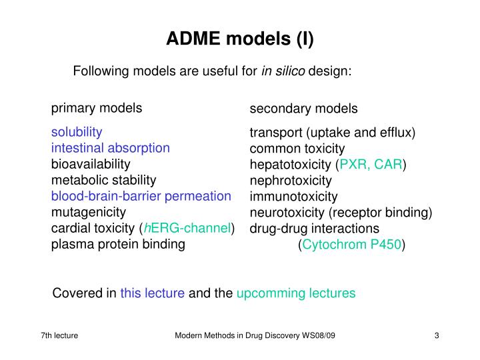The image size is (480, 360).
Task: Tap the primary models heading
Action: tap(97, 108)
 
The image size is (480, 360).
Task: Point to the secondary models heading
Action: tap(303, 109)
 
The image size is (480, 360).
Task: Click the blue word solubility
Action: tap(77, 131)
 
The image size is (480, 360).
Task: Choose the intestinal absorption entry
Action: tap(111, 147)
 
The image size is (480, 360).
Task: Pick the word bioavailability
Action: tap(91, 163)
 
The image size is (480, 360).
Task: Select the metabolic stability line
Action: tap(104, 180)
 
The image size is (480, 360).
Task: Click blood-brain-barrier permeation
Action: tap(141, 196)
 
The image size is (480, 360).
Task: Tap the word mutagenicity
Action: tap(89, 212)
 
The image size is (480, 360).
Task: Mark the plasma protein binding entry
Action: tap(118, 245)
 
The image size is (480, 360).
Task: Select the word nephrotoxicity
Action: tap(291, 181)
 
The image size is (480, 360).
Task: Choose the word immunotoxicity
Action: tap(293, 197)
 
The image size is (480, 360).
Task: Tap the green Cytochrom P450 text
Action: tap(352, 245)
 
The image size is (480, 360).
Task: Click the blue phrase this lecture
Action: tap(152, 293)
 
